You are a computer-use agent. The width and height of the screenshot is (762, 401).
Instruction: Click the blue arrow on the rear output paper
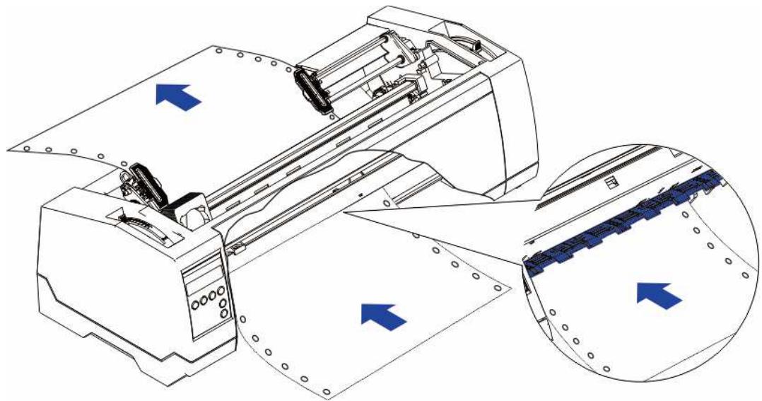click(x=177, y=95)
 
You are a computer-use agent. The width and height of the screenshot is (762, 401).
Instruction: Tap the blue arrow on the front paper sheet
click(x=383, y=313)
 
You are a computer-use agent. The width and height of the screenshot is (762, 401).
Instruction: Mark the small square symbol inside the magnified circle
click(x=612, y=184)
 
